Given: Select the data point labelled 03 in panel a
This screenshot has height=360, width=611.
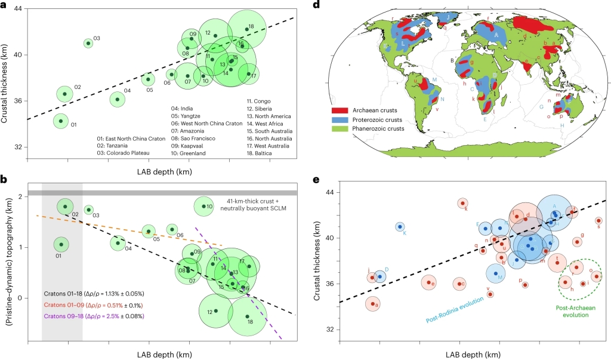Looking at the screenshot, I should tap(88, 43).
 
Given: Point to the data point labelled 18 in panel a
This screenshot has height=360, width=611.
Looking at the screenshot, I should tap(246, 29).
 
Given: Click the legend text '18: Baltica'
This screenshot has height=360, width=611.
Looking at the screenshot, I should tap(262, 153).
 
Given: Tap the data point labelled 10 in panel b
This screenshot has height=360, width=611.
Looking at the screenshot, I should tap(203, 207).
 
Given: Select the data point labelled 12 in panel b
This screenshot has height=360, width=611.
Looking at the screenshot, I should tap(216, 310).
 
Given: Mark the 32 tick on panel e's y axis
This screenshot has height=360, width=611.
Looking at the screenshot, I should tap(329, 330).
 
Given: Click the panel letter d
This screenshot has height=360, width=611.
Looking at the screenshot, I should tap(317, 5).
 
